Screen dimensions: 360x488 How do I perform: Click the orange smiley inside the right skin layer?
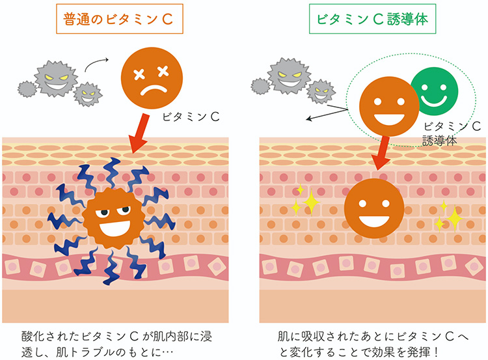(373, 208)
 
